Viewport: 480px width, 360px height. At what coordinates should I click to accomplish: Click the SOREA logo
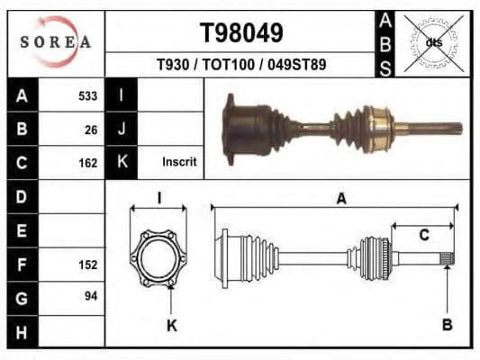[56, 41]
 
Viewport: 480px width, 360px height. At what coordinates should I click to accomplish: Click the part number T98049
[240, 33]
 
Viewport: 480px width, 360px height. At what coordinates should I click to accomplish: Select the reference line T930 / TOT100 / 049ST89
[240, 65]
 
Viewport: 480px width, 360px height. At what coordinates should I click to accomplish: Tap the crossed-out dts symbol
[433, 41]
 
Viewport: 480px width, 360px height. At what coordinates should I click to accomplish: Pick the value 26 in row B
[90, 129]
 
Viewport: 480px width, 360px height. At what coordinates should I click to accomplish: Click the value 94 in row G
[90, 295]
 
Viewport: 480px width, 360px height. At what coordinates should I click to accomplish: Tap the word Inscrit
[178, 163]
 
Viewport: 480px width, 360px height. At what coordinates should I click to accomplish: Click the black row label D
[22, 195]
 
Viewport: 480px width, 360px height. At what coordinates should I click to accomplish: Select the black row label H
[22, 332]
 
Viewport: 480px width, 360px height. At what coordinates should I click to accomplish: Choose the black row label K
[122, 162]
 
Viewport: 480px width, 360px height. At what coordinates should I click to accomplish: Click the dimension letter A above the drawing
[340, 199]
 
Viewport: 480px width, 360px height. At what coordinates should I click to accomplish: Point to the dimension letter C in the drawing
[423, 236]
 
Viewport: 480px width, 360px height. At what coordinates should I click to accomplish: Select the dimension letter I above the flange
[158, 199]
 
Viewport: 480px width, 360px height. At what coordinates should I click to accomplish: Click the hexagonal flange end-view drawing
[158, 257]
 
